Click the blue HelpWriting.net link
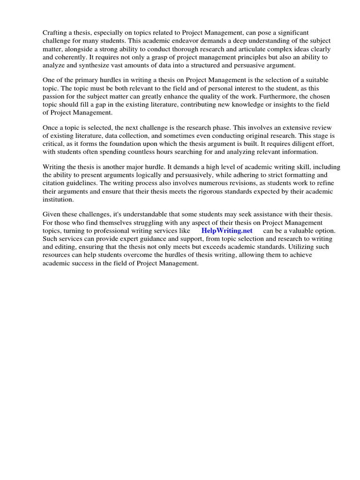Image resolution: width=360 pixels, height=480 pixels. pos(227,231)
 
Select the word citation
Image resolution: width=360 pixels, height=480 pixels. pos(55,183)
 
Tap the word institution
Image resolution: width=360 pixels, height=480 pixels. pos(58,199)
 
